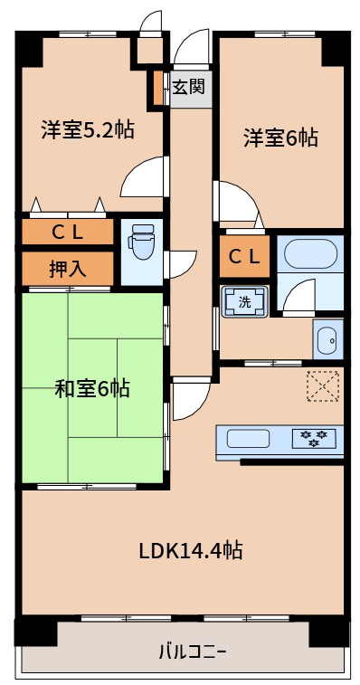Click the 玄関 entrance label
pyautogui.click(x=189, y=88)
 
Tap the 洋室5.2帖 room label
pyautogui.click(x=88, y=129)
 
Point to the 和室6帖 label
pyautogui.click(x=92, y=389)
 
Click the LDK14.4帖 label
pyautogui.click(x=190, y=549)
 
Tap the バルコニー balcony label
pyautogui.click(x=193, y=651)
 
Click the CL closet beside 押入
pyautogui.click(x=67, y=232)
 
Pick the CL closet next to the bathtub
pyautogui.click(x=243, y=256)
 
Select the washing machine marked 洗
pyautogui.click(x=245, y=302)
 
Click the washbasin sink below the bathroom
pyautogui.click(x=327, y=340)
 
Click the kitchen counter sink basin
pyautogui.click(x=248, y=440)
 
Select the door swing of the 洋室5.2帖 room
pyautogui.click(x=143, y=178)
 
